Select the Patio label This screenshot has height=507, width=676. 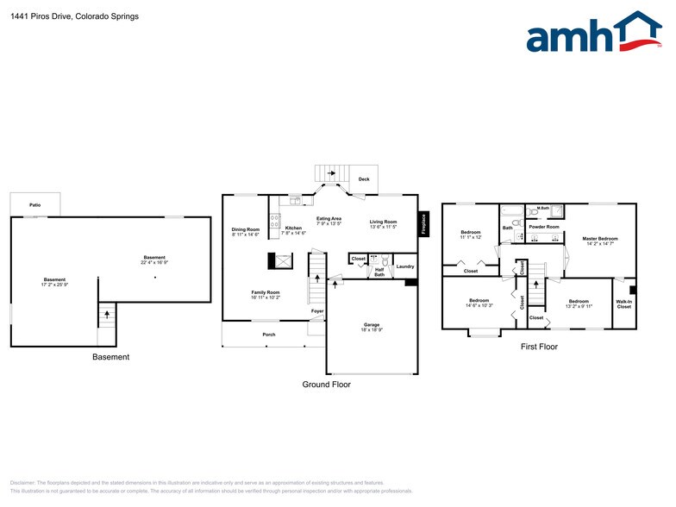pyautogui.click(x=35, y=205)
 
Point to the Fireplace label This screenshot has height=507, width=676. pyautogui.click(x=423, y=223)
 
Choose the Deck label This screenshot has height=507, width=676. pyautogui.click(x=364, y=179)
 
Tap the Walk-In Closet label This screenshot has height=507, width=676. pyautogui.click(x=623, y=304)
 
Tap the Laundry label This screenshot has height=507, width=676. pyautogui.click(x=405, y=266)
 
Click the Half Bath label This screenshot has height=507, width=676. pyautogui.click(x=379, y=272)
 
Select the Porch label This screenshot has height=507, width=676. pyautogui.click(x=269, y=334)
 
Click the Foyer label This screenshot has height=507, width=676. pyautogui.click(x=317, y=310)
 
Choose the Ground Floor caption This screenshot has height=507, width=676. pyautogui.click(x=326, y=385)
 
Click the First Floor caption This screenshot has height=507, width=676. pyautogui.click(x=539, y=347)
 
